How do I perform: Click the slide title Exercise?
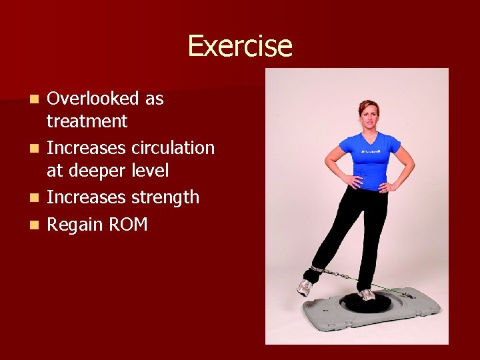239,46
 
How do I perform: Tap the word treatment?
87,121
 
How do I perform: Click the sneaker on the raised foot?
305,287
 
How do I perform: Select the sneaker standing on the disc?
366,294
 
